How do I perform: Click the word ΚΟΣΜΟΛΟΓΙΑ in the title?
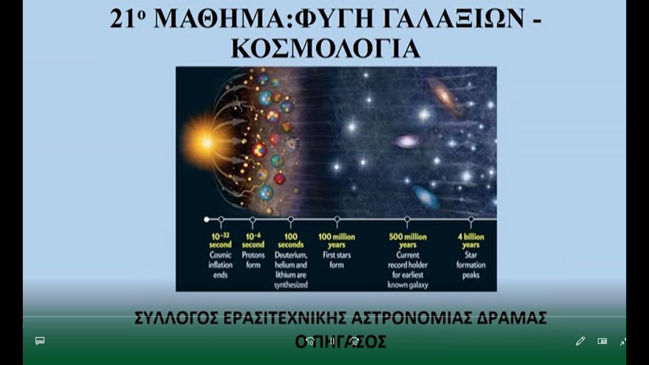point(326,48)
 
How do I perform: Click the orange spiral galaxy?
point(443,95)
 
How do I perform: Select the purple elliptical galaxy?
point(408,141)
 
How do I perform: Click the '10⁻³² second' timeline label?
point(221,240)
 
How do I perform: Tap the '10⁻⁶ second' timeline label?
point(253,240)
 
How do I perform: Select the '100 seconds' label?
point(291,240)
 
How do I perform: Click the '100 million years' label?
point(337,240)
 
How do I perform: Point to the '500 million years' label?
point(408,240)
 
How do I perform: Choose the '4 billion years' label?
point(471,240)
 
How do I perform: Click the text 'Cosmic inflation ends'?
point(221,265)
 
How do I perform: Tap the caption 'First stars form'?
point(337,260)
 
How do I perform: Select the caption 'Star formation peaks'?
point(471,265)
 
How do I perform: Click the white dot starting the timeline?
point(206,220)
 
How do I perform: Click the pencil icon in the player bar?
point(581,341)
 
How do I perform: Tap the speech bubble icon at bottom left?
point(40,341)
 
